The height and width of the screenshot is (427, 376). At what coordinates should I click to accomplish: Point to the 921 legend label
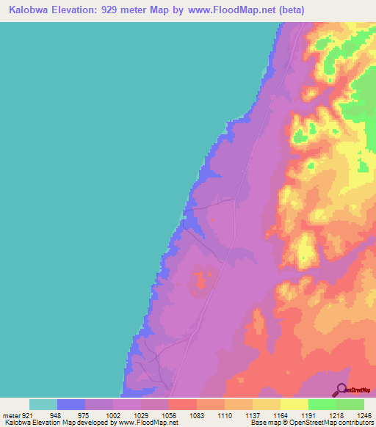pyautogui.click(x=26, y=415)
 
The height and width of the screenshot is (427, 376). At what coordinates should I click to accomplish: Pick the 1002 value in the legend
pyautogui.click(x=114, y=415)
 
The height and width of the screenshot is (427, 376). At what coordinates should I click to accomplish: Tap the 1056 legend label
pyautogui.click(x=169, y=415)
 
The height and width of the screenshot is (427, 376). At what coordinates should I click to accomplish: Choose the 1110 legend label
pyautogui.click(x=225, y=415)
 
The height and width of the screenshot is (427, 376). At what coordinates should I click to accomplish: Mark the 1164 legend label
pyautogui.click(x=281, y=415)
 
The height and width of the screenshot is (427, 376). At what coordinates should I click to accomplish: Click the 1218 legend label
pyautogui.click(x=336, y=415)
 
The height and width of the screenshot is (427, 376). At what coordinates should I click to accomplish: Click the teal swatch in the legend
pyautogui.click(x=43, y=404)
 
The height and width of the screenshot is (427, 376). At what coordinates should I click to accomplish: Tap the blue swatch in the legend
pyautogui.click(x=71, y=404)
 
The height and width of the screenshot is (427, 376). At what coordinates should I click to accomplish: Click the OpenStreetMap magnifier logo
pyautogui.click(x=341, y=390)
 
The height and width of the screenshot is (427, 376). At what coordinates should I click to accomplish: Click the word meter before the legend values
pyautogui.click(x=10, y=415)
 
